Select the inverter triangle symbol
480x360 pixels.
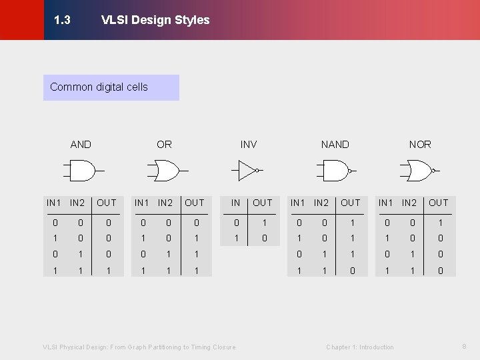coord(248,171)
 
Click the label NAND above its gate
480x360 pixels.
coord(335,144)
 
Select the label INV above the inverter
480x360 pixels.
coord(249,144)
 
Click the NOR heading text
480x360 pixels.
coord(420,144)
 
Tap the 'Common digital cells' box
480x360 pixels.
coord(111,87)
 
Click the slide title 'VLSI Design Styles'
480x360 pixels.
coord(155,20)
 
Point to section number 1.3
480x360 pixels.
coord(62,20)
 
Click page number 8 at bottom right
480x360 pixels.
coord(464,346)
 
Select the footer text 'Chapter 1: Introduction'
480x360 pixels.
coord(360,347)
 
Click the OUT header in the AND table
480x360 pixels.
coord(106,203)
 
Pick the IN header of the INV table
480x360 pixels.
coord(235,203)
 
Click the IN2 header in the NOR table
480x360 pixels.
coord(410,203)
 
